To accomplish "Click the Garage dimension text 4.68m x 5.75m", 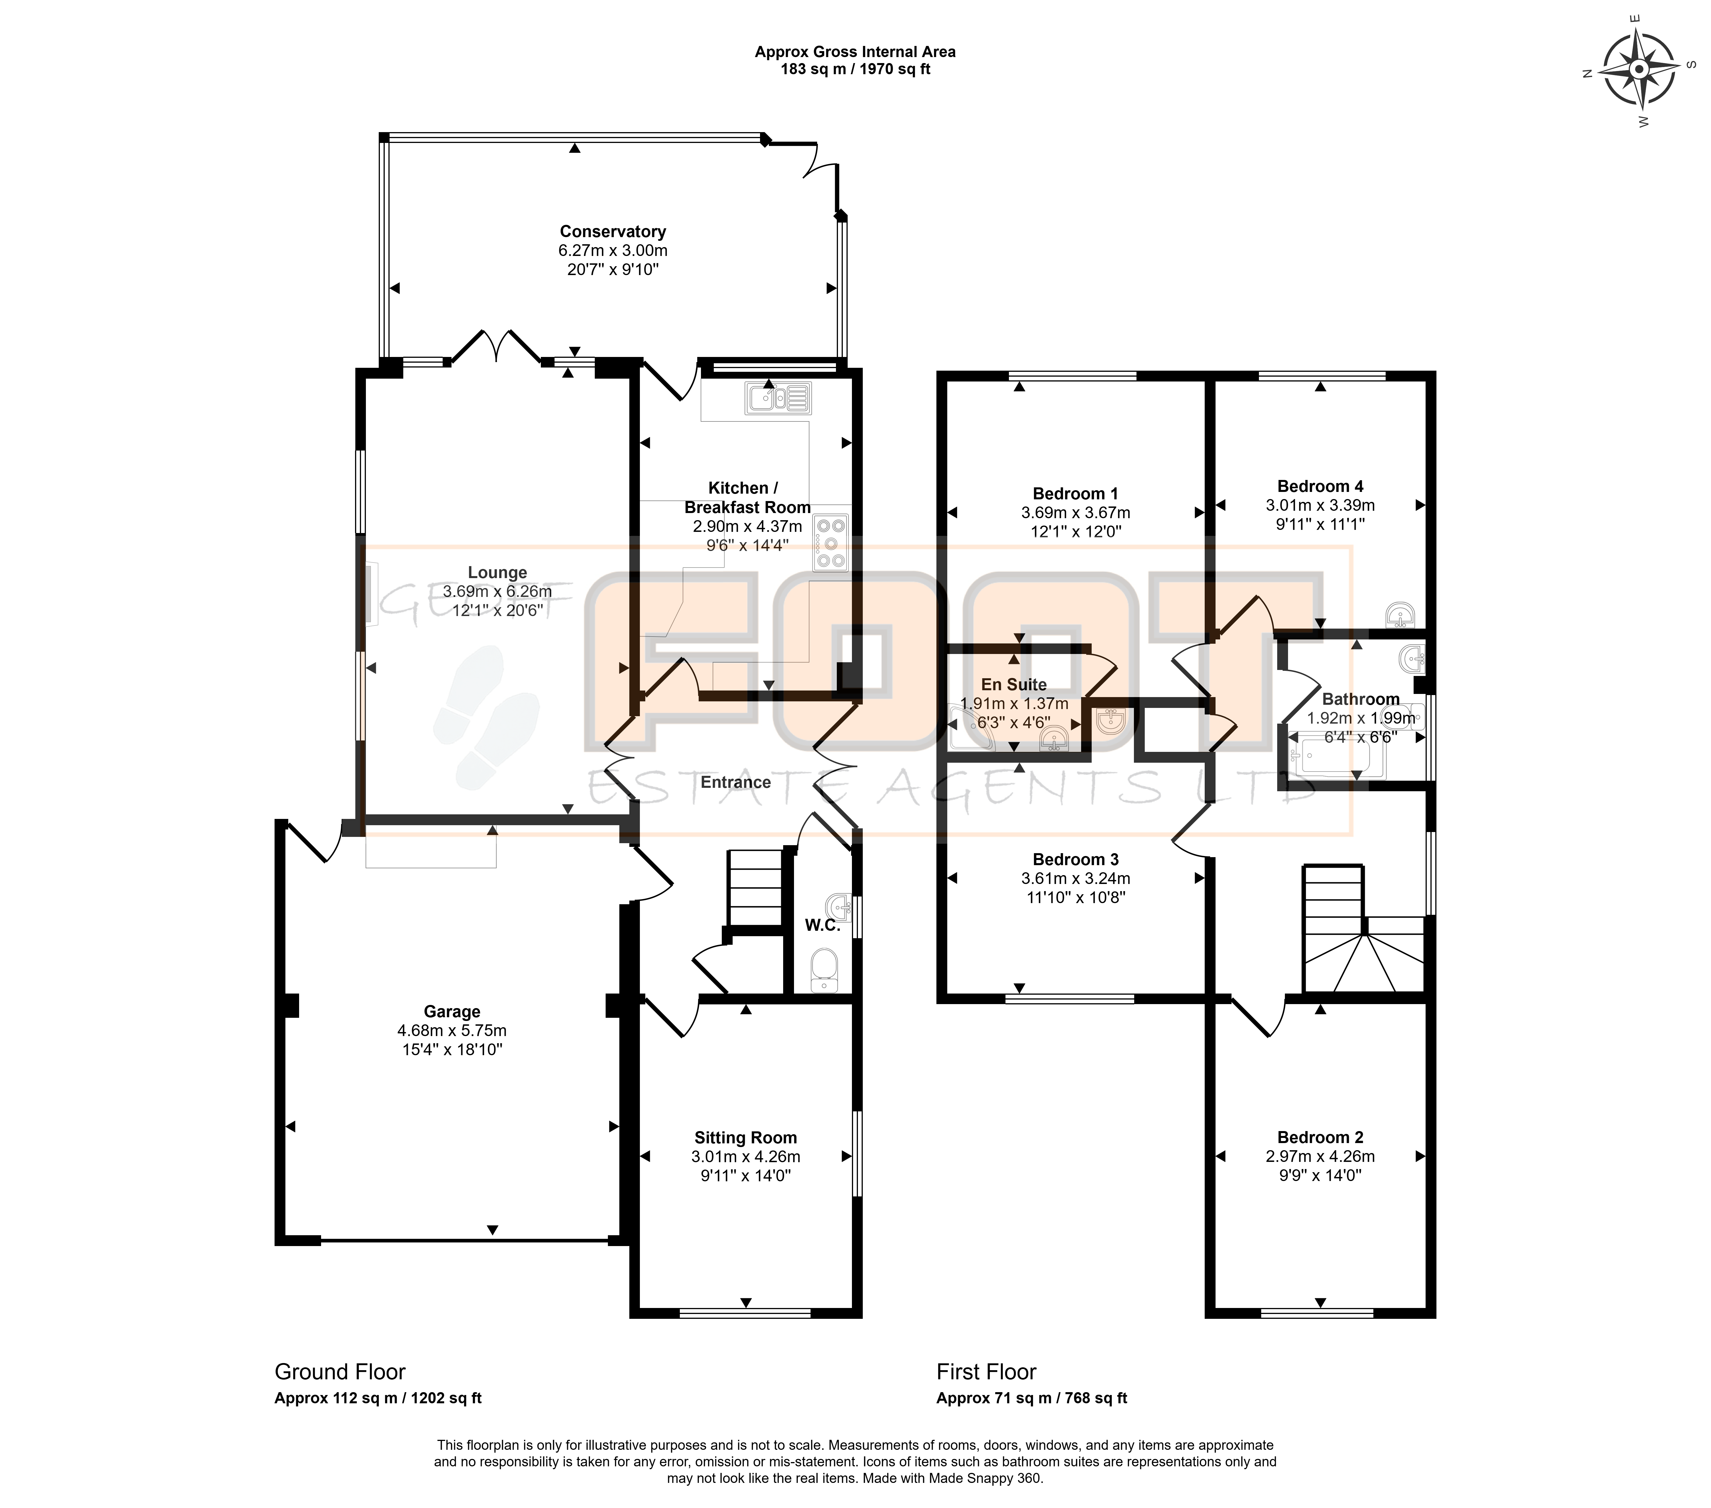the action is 452,1030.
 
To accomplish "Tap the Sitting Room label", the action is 745,1137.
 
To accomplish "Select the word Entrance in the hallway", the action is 736,782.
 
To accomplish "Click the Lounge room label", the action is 497,572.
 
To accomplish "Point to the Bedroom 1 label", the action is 1075,494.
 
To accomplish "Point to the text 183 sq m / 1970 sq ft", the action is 856,69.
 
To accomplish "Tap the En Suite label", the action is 1014,685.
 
